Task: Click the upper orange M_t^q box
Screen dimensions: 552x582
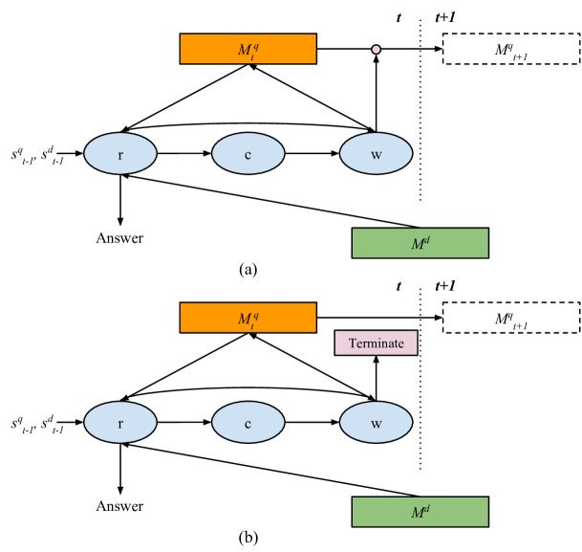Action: coord(248,49)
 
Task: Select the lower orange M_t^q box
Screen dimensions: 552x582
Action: coord(248,318)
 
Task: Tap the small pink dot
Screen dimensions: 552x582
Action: coord(376,50)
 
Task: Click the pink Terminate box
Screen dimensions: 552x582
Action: coord(376,342)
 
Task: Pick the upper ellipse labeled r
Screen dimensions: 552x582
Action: coord(120,154)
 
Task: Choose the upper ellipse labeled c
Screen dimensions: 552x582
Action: coord(248,154)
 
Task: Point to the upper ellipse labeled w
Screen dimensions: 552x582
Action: coord(376,154)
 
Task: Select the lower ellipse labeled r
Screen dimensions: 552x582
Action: coord(120,423)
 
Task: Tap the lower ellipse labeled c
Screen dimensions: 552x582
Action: coord(248,423)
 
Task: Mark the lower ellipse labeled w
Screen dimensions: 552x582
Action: coord(376,423)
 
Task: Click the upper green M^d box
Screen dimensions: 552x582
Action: coord(420,243)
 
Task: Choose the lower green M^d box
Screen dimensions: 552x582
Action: coord(420,512)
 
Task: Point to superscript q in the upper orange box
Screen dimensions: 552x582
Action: coord(255,44)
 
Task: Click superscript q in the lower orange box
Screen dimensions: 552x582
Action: coord(255,313)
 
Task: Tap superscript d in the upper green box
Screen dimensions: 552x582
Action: coord(426,239)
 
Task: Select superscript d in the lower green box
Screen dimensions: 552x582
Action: coord(426,508)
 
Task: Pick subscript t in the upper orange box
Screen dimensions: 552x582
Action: coord(251,55)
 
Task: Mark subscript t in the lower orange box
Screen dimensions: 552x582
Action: coord(251,323)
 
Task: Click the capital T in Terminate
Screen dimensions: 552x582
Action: coord(352,343)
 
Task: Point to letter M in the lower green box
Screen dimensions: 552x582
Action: coord(417,513)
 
